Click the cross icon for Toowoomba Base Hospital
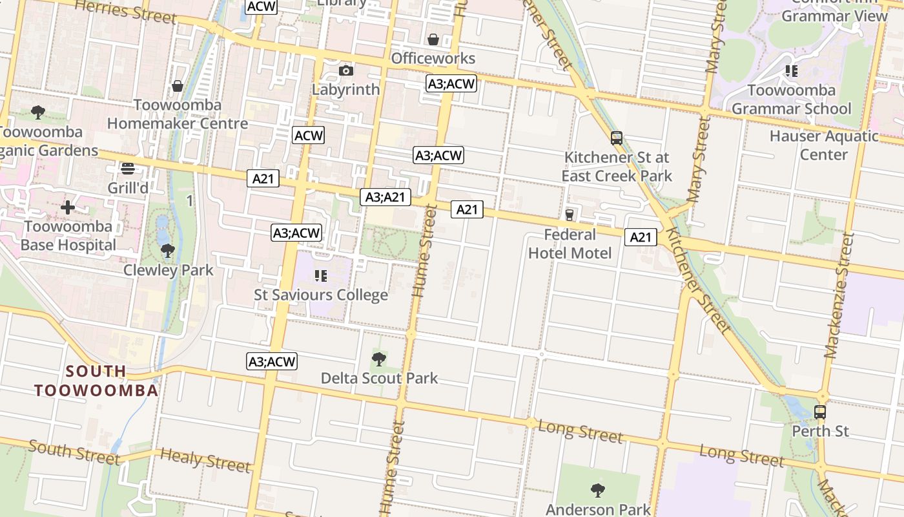click(68, 207)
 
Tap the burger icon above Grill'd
click(128, 169)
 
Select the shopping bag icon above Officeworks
click(433, 39)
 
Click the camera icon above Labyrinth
click(346, 70)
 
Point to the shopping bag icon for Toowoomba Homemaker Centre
click(177, 86)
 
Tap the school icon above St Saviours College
click(321, 276)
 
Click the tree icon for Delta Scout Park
click(379, 359)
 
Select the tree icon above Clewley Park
click(168, 251)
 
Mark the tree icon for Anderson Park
click(598, 491)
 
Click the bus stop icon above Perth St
click(819, 412)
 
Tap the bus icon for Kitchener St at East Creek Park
click(617, 138)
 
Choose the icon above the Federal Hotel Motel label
click(570, 215)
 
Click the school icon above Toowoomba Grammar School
click(791, 70)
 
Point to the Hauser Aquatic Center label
click(824, 145)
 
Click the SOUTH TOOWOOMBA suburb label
click(96, 381)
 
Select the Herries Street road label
click(125, 11)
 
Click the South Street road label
click(74, 452)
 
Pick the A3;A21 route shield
click(385, 197)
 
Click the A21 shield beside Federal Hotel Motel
click(641, 237)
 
